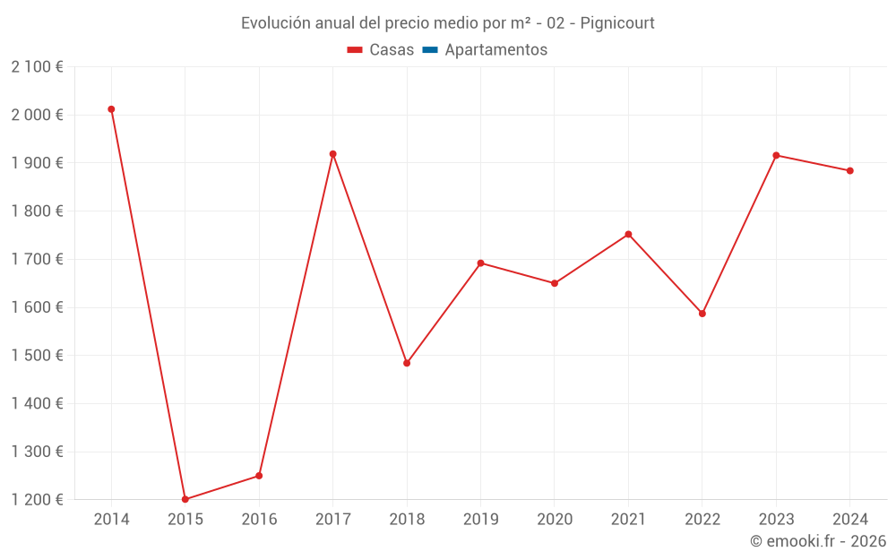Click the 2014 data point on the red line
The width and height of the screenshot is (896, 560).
[111, 109]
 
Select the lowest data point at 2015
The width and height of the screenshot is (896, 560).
[185, 499]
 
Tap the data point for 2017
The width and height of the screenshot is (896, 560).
[332, 154]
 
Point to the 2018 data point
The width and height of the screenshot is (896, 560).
[407, 363]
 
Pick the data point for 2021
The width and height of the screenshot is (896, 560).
[628, 235]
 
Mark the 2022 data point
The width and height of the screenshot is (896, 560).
[702, 314]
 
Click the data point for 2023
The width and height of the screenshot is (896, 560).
[776, 155]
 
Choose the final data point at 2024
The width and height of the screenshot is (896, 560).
[849, 170]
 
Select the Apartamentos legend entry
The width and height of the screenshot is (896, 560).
[495, 50]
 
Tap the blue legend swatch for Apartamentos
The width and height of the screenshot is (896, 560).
[429, 50]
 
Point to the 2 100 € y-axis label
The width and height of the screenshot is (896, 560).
[38, 67]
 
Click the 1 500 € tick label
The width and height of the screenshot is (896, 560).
[38, 356]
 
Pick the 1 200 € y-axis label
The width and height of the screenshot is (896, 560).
[38, 500]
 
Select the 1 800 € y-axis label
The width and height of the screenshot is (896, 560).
[38, 211]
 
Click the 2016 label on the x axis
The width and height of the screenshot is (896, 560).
[259, 520]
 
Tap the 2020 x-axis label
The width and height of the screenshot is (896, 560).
[555, 520]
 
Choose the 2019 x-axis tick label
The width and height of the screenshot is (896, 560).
[480, 520]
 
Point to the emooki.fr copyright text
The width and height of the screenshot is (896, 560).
[818, 541]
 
